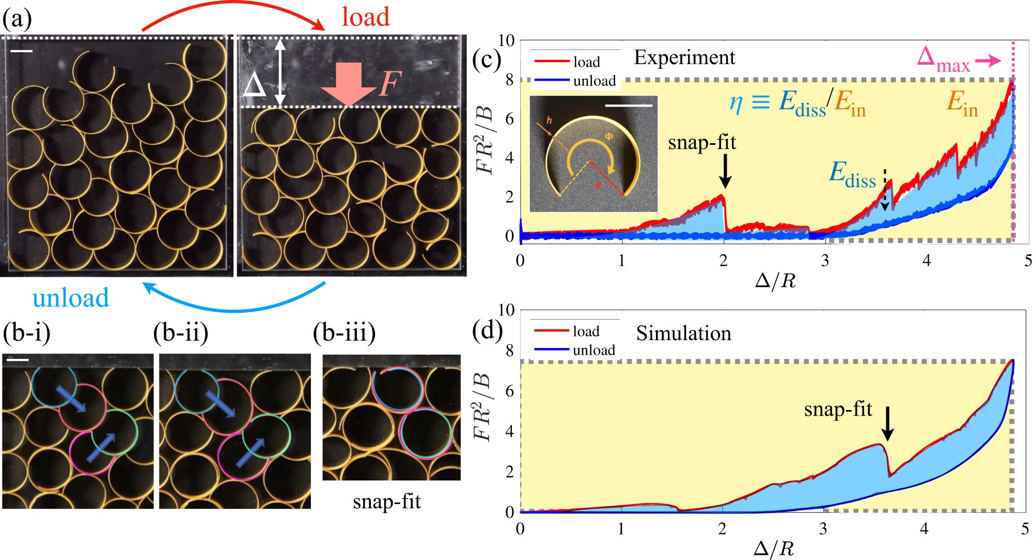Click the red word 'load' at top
pyautogui.click(x=365, y=17)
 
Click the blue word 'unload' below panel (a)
pyautogui.click(x=71, y=298)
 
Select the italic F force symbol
pyautogui.click(x=389, y=84)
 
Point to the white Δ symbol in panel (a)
pyautogui.click(x=255, y=85)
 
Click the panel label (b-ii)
pyautogui.click(x=181, y=332)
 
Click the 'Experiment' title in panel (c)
pyautogui.click(x=684, y=57)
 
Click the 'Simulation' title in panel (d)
pyautogui.click(x=683, y=334)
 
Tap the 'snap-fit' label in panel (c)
pyautogui.click(x=701, y=142)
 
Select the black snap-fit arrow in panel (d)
pyautogui.click(x=887, y=423)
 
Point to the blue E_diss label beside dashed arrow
pyautogui.click(x=853, y=174)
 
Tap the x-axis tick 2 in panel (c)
pyautogui.click(x=723, y=260)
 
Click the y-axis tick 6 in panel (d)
pyautogui.click(x=509, y=391)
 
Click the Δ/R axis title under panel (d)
pyautogui.click(x=773, y=549)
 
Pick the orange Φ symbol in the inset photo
pyautogui.click(x=609, y=137)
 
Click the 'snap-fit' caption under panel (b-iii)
pyautogui.click(x=387, y=502)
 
